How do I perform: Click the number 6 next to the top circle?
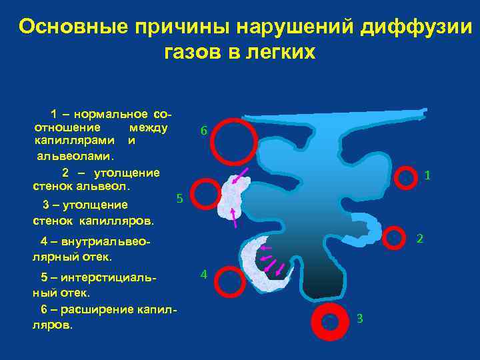click(204, 130)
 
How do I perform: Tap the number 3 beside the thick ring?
click(359, 318)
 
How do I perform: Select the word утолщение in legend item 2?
click(126, 173)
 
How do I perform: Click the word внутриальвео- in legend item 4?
click(107, 242)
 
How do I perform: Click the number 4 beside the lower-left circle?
click(204, 274)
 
